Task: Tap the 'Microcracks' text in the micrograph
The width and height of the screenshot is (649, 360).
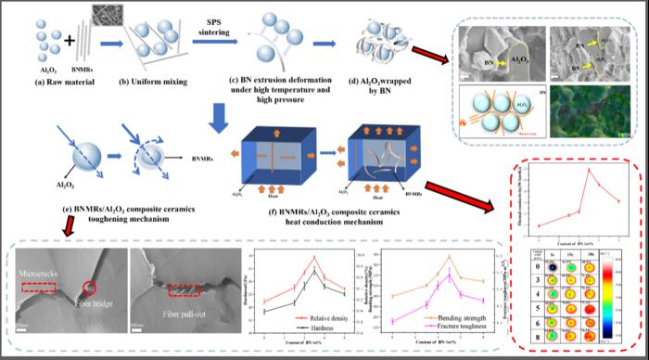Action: (x=41, y=276)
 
